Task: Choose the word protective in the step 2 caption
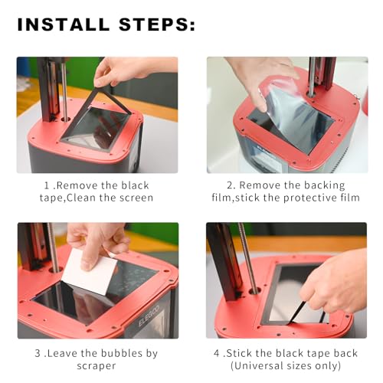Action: tap(306, 198)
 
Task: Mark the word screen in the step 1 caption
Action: tap(133, 198)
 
